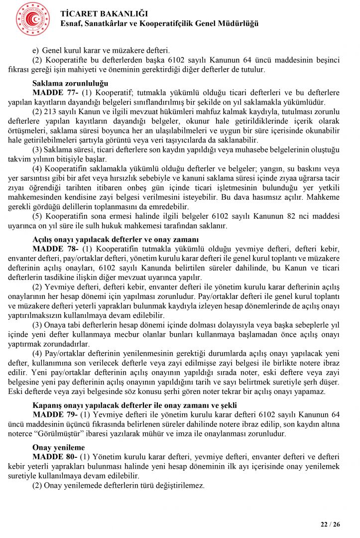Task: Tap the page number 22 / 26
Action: click(330, 524)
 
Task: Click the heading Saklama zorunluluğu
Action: click(70, 83)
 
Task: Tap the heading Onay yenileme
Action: click(58, 447)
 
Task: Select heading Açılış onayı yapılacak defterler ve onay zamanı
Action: click(116, 240)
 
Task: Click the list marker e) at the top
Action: click(35, 50)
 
